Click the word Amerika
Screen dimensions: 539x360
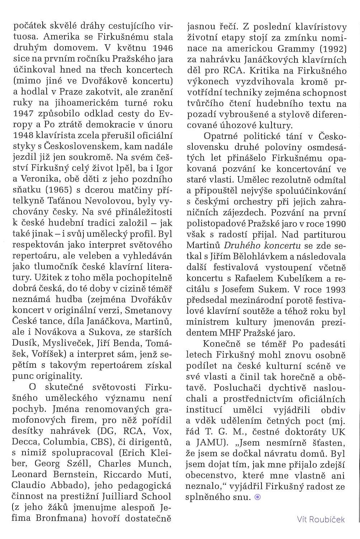point(64,37)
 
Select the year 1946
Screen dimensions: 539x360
point(163,48)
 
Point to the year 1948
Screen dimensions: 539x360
point(24,136)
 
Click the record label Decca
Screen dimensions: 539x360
point(25,442)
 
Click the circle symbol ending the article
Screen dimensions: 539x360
point(257,497)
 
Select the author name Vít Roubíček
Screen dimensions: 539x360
point(321,519)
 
